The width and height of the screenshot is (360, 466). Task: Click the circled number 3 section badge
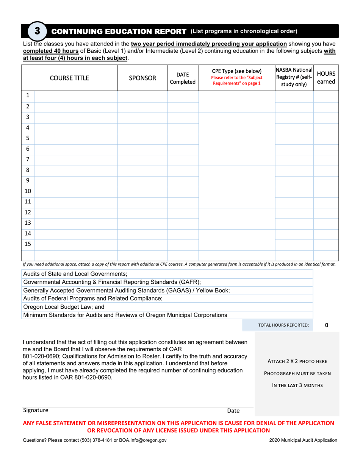pyautogui.click(x=37, y=31)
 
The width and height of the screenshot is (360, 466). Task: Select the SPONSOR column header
pyautogui.click(x=142, y=78)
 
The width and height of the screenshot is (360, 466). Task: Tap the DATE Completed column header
pyautogui.click(x=183, y=78)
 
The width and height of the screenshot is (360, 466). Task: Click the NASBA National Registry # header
pyautogui.click(x=294, y=77)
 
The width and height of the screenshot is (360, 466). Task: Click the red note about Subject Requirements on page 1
pyautogui.click(x=236, y=81)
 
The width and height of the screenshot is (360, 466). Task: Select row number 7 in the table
pyautogui.click(x=28, y=160)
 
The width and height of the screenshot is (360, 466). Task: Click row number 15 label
pyautogui.click(x=28, y=244)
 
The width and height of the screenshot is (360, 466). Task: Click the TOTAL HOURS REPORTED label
pyautogui.click(x=283, y=325)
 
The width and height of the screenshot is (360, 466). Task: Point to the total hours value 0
pyautogui.click(x=327, y=325)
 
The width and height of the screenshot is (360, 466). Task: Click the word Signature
pyautogui.click(x=36, y=410)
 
